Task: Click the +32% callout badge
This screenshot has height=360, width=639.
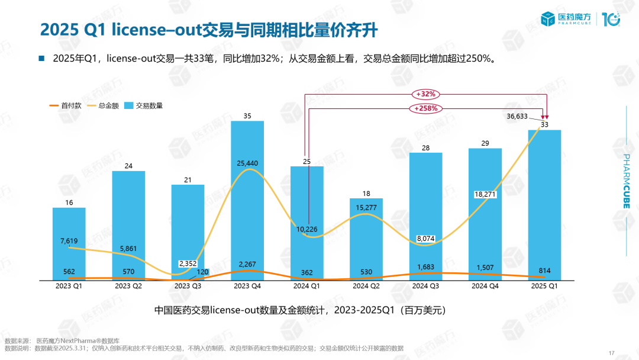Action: pyautogui.click(x=426, y=94)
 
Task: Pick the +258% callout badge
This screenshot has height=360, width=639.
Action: pyautogui.click(x=426, y=108)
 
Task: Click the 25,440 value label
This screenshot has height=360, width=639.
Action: pyautogui.click(x=247, y=163)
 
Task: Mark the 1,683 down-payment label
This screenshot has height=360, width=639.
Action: pyautogui.click(x=426, y=266)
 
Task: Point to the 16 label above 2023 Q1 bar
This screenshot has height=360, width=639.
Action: pyautogui.click(x=69, y=203)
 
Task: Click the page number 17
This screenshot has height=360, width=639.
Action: pyautogui.click(x=612, y=353)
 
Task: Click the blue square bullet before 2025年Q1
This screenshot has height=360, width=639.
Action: pyautogui.click(x=41, y=59)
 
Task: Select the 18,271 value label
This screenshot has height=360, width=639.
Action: pyautogui.click(x=485, y=194)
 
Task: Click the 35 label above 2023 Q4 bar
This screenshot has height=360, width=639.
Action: pyautogui.click(x=247, y=116)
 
